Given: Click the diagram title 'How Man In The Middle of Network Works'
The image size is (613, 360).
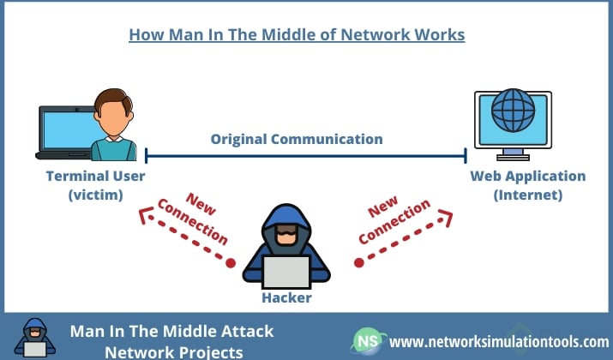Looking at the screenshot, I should [x=297, y=35].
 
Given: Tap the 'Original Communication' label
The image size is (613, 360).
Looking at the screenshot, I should [x=297, y=139].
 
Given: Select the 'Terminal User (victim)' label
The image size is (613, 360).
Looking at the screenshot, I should [x=96, y=185].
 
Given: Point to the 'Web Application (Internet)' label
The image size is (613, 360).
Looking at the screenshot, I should [x=527, y=185].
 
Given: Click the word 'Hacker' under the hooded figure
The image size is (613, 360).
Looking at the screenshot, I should [x=286, y=298].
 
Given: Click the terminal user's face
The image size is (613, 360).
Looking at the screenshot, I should [x=112, y=112].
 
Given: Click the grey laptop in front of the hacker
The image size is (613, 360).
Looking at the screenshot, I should [x=286, y=272].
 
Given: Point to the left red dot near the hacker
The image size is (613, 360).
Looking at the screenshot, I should [x=230, y=261].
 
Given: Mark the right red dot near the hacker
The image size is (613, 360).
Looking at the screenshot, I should [x=359, y=262].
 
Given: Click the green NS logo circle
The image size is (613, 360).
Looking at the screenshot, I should [x=366, y=341].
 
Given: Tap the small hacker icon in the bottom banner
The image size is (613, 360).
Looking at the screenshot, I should [x=33, y=338].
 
